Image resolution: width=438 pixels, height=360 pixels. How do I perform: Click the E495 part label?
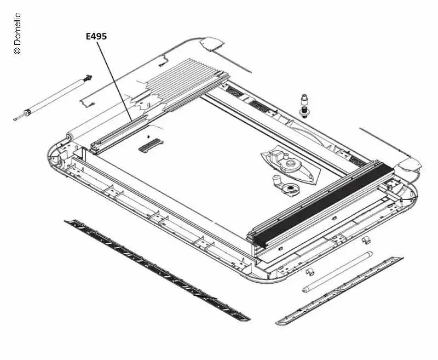tap(96, 36)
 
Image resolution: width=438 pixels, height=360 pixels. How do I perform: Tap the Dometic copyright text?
tap(17, 33)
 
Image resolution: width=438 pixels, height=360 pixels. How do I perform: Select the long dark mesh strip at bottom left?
tap(157, 271)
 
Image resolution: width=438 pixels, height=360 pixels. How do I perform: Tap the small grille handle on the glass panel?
tap(151, 145)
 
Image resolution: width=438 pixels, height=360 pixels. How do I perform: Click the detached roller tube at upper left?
tap(53, 98)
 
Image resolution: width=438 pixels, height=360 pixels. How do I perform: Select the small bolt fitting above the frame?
tap(304, 106)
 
